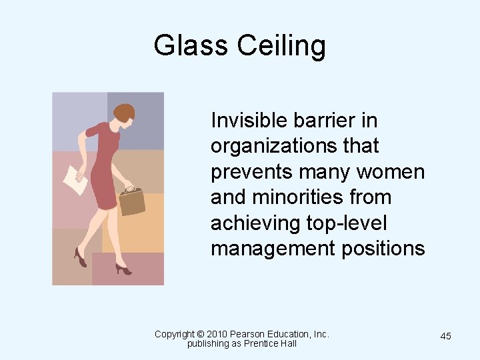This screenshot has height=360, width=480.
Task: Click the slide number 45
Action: [x=445, y=336]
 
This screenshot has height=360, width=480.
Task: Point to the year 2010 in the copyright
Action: [x=217, y=334]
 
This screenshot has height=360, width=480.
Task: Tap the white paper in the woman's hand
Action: [x=75, y=179]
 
